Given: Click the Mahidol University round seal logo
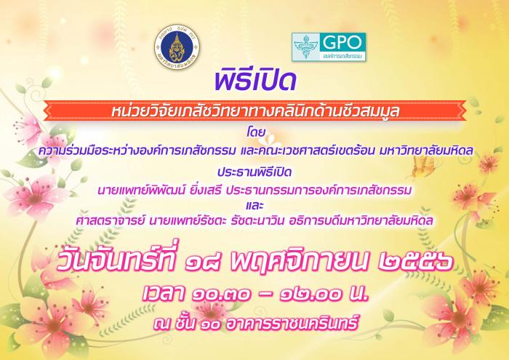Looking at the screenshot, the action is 177,47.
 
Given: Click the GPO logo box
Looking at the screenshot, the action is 329,47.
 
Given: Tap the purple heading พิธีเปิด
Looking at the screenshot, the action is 255,81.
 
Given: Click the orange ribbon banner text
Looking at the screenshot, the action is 255,111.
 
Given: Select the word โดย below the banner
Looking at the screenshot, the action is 256,132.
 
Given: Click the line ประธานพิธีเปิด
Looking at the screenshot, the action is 254,172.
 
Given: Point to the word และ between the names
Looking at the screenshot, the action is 254,206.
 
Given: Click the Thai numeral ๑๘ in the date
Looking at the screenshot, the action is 203,262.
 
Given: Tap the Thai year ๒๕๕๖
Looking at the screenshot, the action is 415,262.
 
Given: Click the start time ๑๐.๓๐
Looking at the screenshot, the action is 221,294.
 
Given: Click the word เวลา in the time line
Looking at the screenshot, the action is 164,293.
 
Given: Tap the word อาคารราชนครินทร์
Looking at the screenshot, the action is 292,322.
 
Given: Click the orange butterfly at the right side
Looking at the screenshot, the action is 423,167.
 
